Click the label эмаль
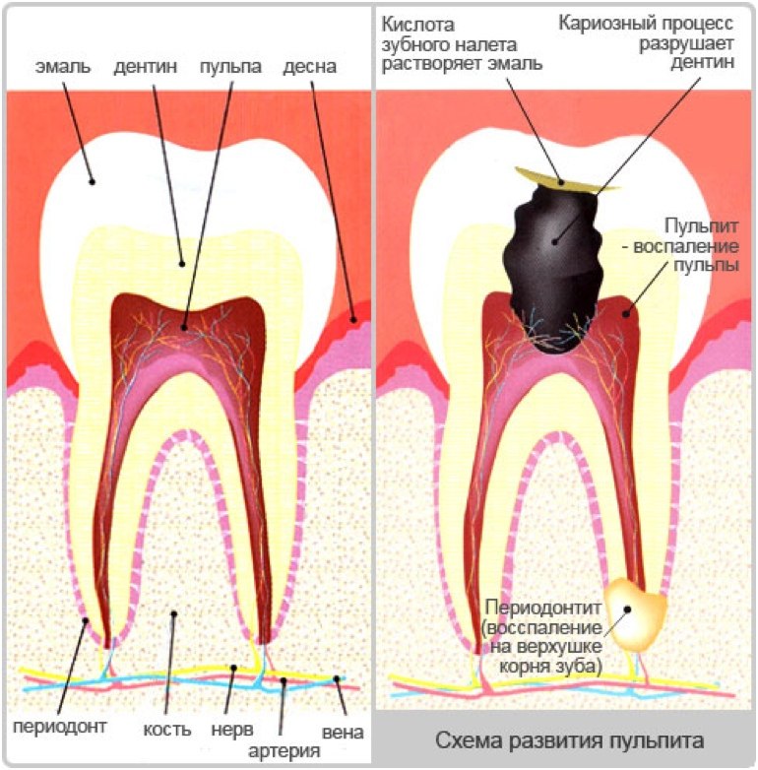63,67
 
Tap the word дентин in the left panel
146,67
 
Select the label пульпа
230,67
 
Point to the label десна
309,67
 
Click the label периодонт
59,727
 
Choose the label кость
167,730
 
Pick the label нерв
232,730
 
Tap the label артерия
284,751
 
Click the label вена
343,733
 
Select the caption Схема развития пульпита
569,740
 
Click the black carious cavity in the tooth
555,270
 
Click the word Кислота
417,25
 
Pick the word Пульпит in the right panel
702,225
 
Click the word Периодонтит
543,608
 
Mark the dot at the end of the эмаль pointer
92,182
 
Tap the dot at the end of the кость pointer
173,613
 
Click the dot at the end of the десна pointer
353,320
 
